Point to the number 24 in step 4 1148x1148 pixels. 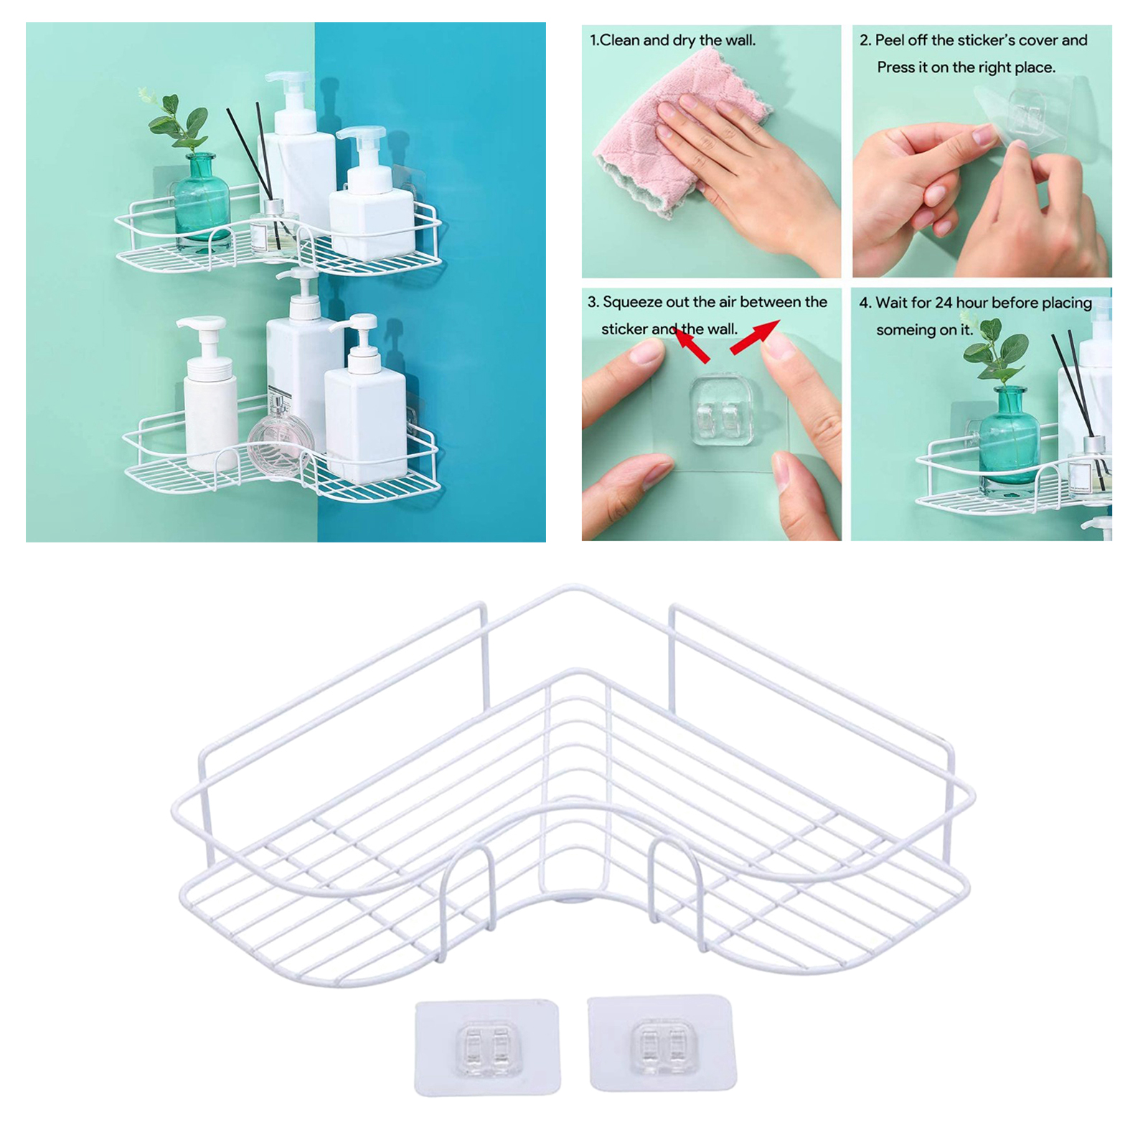[x=944, y=303]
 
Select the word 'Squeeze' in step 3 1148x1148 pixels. [x=632, y=303]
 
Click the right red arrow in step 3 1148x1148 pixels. [x=755, y=337]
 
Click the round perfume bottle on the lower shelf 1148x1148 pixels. [x=281, y=437]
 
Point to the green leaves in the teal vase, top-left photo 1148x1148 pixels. [x=176, y=122]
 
